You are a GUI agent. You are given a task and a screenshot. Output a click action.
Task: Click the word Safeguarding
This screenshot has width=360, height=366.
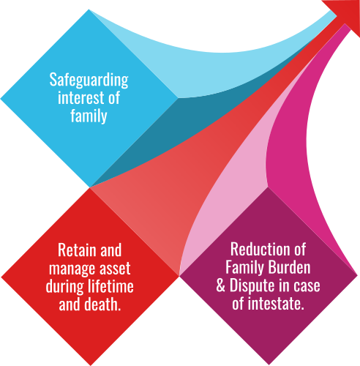pos(89,81)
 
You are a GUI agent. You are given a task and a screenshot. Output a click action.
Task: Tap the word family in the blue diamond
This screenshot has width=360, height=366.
pos(89,116)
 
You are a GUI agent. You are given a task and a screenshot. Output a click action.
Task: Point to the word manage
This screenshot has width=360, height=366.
pos(68,269)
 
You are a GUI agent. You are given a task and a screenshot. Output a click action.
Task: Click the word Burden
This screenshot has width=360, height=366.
pos(290,267)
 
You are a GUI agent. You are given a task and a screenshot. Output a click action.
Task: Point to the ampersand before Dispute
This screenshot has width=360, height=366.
pos(221,285)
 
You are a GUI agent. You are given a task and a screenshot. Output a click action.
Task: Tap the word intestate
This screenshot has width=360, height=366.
pos(276,304)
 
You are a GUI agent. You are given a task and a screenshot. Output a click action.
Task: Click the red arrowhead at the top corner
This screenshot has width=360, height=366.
pos(347,13)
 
